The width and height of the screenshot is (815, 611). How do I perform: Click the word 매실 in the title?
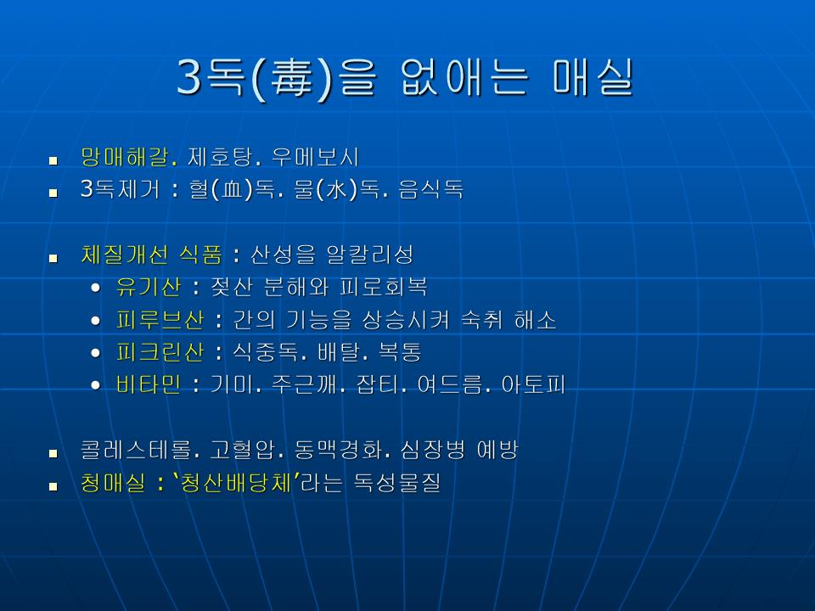click(593, 77)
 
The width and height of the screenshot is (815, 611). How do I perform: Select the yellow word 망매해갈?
click(124, 156)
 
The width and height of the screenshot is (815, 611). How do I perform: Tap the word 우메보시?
click(315, 156)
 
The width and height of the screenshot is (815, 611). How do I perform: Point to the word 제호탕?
click(219, 156)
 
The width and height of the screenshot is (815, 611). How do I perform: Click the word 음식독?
click(431, 189)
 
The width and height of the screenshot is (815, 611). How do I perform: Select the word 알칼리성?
click(369, 255)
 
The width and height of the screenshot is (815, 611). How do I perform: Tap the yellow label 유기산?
click(148, 287)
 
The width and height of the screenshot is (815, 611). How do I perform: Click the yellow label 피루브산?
click(160, 320)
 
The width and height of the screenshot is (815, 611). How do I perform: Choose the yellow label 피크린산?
click(160, 352)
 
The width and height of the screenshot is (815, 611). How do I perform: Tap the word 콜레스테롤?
click(135, 450)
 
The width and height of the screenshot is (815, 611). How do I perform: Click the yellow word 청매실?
click(113, 483)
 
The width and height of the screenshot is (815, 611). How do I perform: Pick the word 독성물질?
click(397, 483)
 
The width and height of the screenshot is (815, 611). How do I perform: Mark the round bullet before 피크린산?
click(95, 353)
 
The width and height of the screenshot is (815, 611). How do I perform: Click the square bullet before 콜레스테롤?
click(53, 453)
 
